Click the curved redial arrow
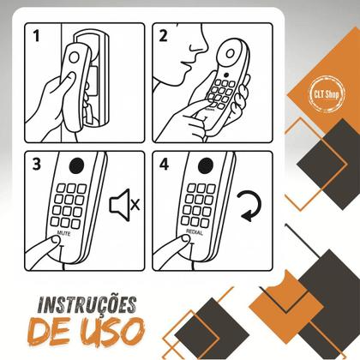(x=249, y=206)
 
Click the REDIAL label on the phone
(x=194, y=232)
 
